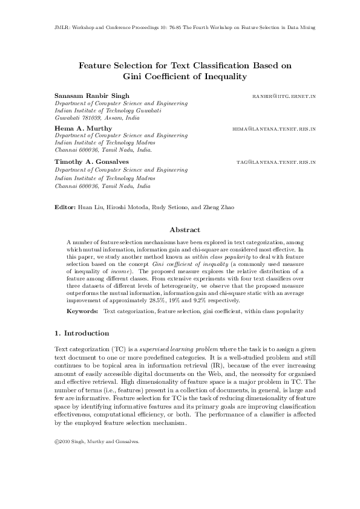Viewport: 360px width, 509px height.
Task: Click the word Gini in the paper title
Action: [x=133, y=76]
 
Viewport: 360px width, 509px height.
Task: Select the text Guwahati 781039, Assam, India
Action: [x=93, y=119]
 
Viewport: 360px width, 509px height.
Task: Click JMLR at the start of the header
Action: [x=52, y=28]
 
